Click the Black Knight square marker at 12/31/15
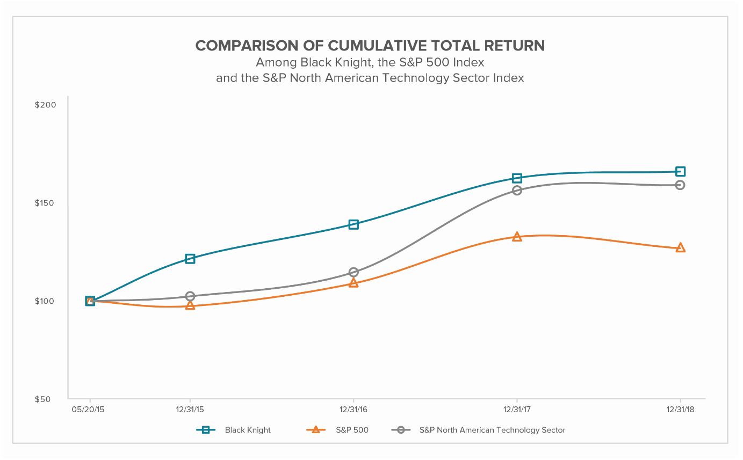[x=190, y=259]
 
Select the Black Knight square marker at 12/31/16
[x=354, y=224]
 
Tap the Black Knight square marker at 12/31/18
[x=680, y=172]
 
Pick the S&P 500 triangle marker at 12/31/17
[x=517, y=237]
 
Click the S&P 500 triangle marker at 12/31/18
[x=680, y=247]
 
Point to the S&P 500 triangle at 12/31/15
[x=190, y=305]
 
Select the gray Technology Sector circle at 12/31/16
[x=354, y=272]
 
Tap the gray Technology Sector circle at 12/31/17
[x=517, y=191]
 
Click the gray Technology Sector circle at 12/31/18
[x=680, y=185]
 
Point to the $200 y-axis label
[x=45, y=105]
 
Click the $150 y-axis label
[x=45, y=203]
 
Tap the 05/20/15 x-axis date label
[x=90, y=410]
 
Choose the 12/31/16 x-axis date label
[x=354, y=410]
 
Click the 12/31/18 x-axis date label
[x=680, y=410]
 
